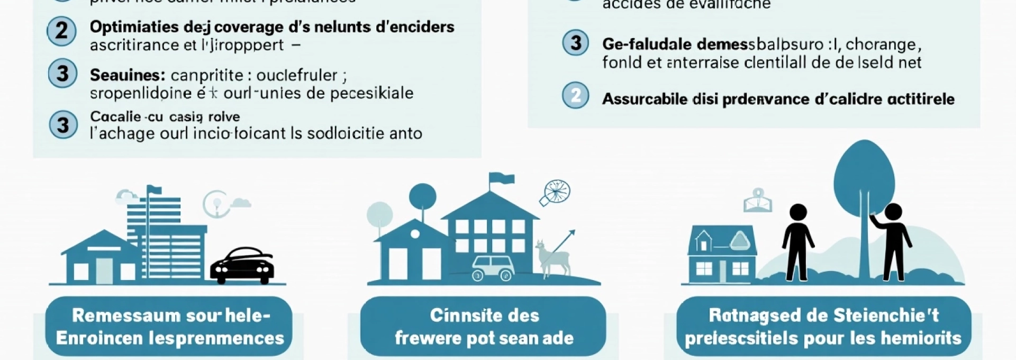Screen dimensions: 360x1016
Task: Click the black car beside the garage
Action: [x=242, y=264]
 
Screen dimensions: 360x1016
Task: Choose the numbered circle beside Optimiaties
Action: [x=61, y=31]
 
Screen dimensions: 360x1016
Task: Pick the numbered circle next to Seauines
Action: [x=62, y=74]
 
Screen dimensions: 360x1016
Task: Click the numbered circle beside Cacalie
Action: [x=63, y=125]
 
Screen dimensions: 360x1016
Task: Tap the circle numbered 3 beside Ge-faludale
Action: [x=576, y=43]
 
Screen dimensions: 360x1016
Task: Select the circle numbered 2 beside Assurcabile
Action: [x=575, y=95]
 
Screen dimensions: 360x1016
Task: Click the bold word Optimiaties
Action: [x=134, y=27]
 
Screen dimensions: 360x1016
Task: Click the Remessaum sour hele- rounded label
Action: [x=169, y=327]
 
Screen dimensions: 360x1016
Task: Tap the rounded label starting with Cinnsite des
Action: [x=484, y=327]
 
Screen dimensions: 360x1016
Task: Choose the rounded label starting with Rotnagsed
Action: [x=823, y=327]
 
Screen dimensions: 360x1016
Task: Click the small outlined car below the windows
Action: [x=493, y=267]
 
